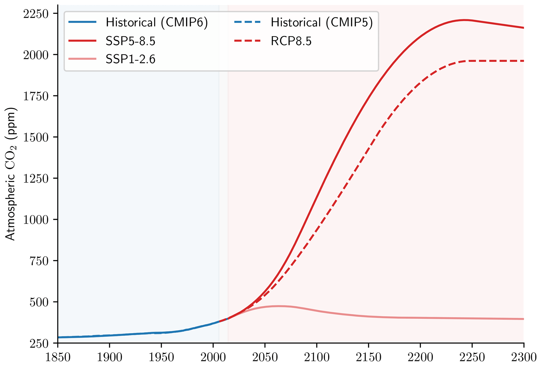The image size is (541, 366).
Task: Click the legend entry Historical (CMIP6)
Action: (x=157, y=22)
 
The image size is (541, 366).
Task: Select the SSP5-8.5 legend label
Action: (x=130, y=41)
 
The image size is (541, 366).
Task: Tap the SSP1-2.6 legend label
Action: (x=130, y=59)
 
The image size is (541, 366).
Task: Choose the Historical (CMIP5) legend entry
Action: (x=322, y=22)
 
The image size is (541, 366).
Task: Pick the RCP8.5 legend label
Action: (x=291, y=41)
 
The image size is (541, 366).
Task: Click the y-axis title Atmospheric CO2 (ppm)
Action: (x=11, y=174)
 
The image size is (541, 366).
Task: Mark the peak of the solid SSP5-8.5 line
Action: (x=465, y=20)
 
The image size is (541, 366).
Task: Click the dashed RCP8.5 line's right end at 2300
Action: (x=523, y=61)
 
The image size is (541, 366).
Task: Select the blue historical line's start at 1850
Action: (x=58, y=337)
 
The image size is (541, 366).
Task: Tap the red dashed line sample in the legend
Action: (x=247, y=41)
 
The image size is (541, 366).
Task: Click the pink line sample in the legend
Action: (x=82, y=59)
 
